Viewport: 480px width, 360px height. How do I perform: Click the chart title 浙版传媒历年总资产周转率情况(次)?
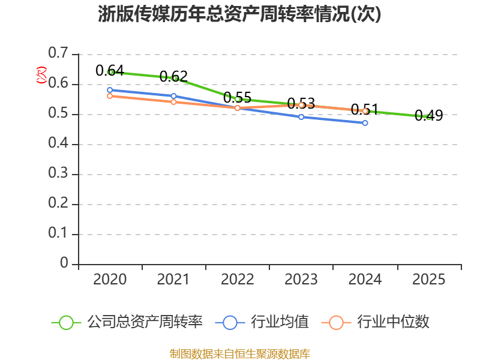[239, 14]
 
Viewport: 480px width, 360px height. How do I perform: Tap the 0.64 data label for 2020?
[110, 71]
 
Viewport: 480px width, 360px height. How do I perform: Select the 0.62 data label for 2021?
[173, 77]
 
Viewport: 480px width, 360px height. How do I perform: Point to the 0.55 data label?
[237, 98]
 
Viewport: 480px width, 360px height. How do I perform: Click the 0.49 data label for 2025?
[428, 115]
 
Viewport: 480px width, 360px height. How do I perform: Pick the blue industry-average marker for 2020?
[110, 90]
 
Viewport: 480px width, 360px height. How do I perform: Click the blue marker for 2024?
[365, 123]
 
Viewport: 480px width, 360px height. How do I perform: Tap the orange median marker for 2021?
[173, 101]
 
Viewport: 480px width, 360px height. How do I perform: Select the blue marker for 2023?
[301, 117]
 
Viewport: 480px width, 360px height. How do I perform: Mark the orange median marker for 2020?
[110, 96]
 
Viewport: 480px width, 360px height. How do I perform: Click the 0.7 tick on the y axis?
[58, 53]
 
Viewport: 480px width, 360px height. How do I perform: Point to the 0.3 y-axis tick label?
[58, 173]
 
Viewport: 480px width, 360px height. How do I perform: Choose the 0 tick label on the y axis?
[64, 263]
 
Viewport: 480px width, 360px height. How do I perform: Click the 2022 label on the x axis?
[237, 279]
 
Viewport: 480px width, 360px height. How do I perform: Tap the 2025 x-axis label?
[428, 279]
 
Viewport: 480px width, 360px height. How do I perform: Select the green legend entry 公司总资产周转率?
[127, 322]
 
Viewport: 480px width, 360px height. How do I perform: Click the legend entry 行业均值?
[262, 322]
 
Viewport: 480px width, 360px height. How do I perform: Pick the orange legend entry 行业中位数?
[376, 322]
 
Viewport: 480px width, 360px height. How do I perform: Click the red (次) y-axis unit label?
[41, 75]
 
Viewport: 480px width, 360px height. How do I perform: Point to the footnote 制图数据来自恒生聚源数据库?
[240, 354]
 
